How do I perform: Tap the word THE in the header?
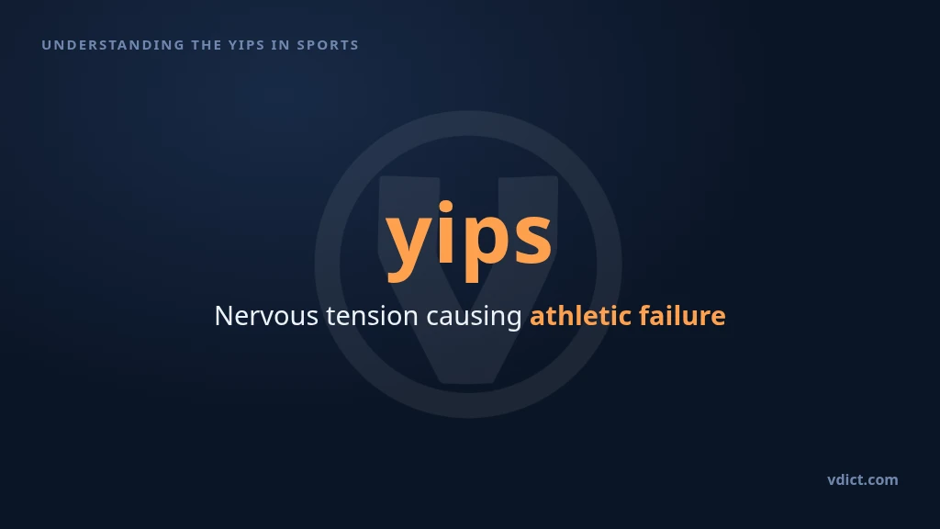coord(207,45)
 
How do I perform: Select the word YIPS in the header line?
coord(246,45)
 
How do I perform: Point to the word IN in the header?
coord(281,45)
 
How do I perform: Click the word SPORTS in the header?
coord(328,45)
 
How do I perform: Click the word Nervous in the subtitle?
coord(266,316)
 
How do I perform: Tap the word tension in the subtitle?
coord(373,316)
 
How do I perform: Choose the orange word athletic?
coord(581,316)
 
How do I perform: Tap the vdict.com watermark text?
coord(863,479)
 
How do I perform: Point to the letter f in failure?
coord(645,315)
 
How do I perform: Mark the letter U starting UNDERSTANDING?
coord(46,45)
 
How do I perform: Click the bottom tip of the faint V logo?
coord(468,382)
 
